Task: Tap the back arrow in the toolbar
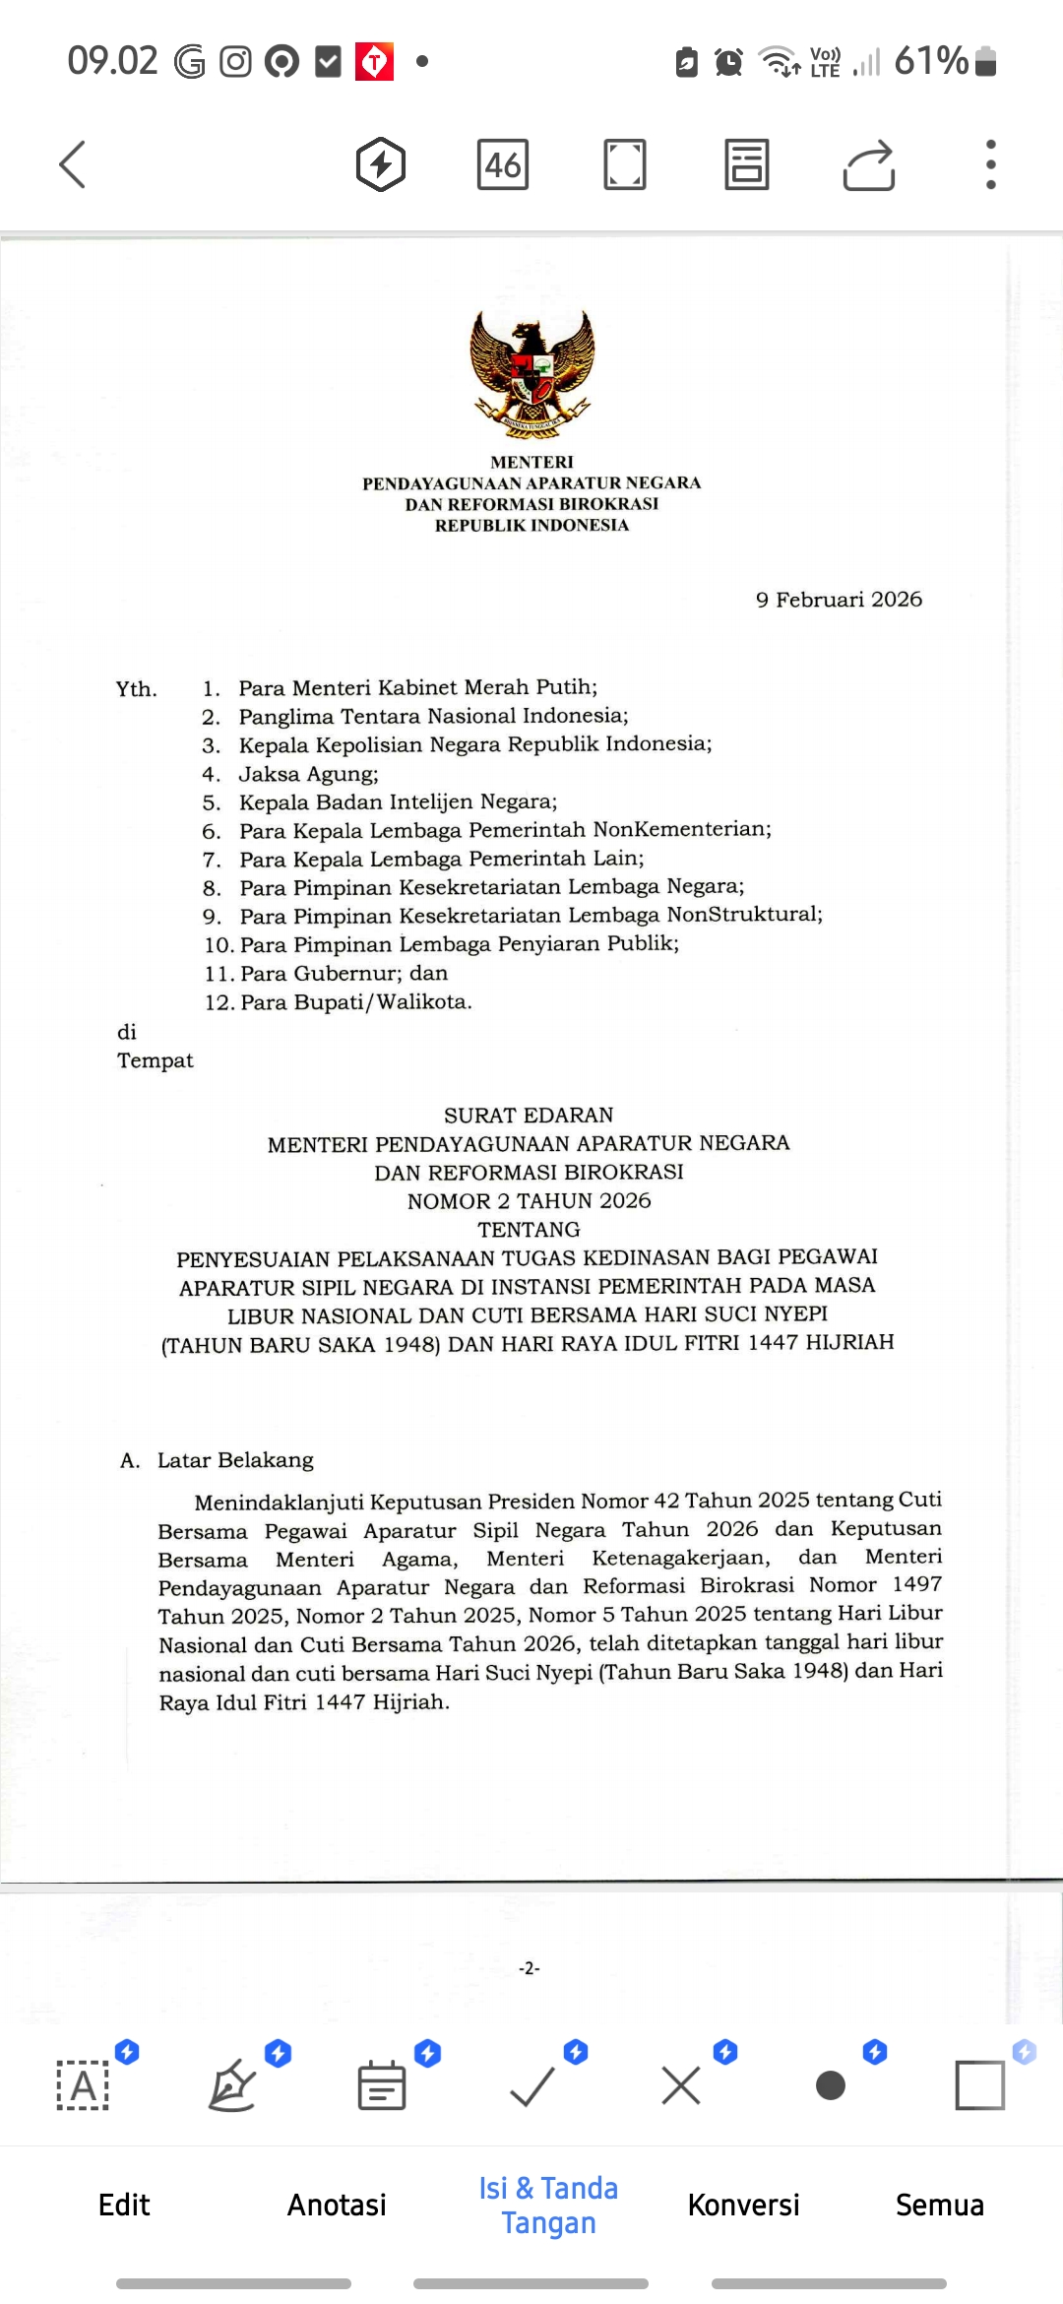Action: [x=73, y=163]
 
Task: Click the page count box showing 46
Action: [x=502, y=163]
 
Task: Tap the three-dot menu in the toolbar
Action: [x=990, y=163]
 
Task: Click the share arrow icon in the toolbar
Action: [x=868, y=163]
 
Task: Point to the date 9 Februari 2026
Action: [x=839, y=600]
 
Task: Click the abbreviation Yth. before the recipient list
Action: [x=136, y=689]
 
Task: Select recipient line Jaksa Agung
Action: [x=308, y=774]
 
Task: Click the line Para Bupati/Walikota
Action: [x=355, y=1001]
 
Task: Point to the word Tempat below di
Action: [x=156, y=1060]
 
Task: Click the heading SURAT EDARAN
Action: [x=529, y=1115]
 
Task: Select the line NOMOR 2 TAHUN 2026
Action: [x=529, y=1201]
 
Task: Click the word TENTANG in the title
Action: [x=529, y=1230]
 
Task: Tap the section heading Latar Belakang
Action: [x=235, y=1460]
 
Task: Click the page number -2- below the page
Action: [x=530, y=1968]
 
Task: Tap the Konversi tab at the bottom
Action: [x=743, y=2205]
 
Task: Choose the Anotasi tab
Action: [x=337, y=2205]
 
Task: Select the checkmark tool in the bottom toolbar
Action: [x=532, y=2084]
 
